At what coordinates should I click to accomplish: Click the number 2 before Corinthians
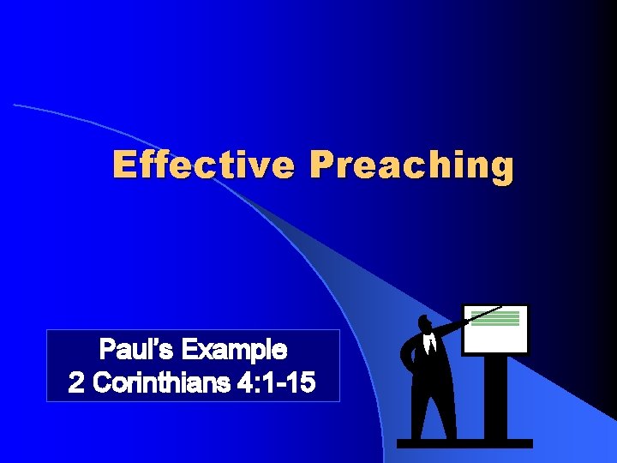(76, 383)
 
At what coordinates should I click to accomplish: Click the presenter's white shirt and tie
(432, 345)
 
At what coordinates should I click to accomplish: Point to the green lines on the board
(495, 317)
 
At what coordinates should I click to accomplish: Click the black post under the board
(494, 396)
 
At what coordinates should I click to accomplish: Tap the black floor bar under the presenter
(464, 443)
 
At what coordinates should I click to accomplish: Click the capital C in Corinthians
(99, 383)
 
